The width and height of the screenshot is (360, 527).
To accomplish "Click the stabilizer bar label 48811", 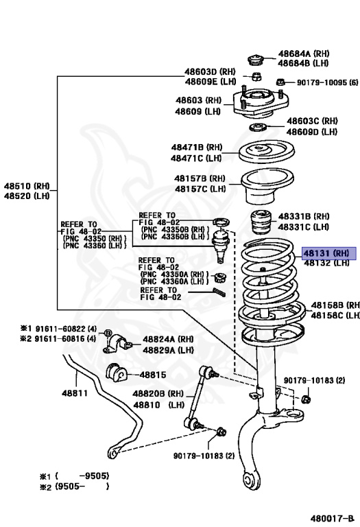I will [x=75, y=393].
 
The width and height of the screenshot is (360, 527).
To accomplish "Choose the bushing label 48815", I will [x=153, y=375].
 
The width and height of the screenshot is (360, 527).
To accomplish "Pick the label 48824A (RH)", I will [x=168, y=339].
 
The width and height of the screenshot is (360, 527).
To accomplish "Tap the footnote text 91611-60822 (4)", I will [x=58, y=329].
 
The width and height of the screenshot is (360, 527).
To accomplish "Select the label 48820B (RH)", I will [x=159, y=394].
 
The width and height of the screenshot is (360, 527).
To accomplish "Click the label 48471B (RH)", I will [x=197, y=147].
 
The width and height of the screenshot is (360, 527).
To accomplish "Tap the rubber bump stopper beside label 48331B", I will [x=261, y=224].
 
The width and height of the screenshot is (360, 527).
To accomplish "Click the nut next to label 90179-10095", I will [x=280, y=83].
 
